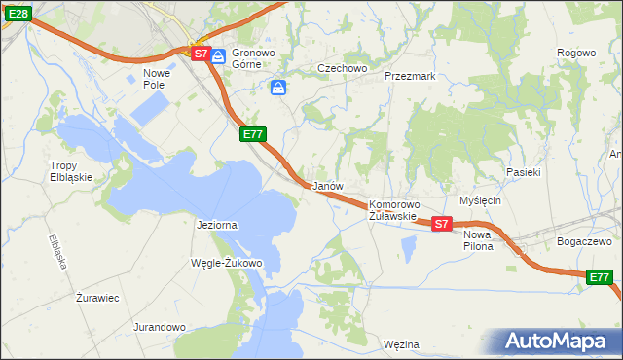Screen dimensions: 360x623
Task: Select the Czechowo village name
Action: click(342, 68)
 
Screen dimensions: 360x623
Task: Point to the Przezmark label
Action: click(409, 75)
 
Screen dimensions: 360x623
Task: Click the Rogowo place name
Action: click(575, 53)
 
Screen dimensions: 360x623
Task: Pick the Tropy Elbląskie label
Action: click(70, 171)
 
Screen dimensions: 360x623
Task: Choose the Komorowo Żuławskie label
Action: click(393, 210)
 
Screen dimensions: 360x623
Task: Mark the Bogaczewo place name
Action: click(583, 240)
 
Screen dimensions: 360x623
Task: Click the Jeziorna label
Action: click(217, 225)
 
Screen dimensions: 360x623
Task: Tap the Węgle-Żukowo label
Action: click(228, 263)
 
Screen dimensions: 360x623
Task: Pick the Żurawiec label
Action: click(97, 298)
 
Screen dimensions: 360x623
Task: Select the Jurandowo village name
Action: click(160, 327)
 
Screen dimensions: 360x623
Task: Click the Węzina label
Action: click(401, 344)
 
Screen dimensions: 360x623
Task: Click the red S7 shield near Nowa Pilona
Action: click(441, 224)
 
